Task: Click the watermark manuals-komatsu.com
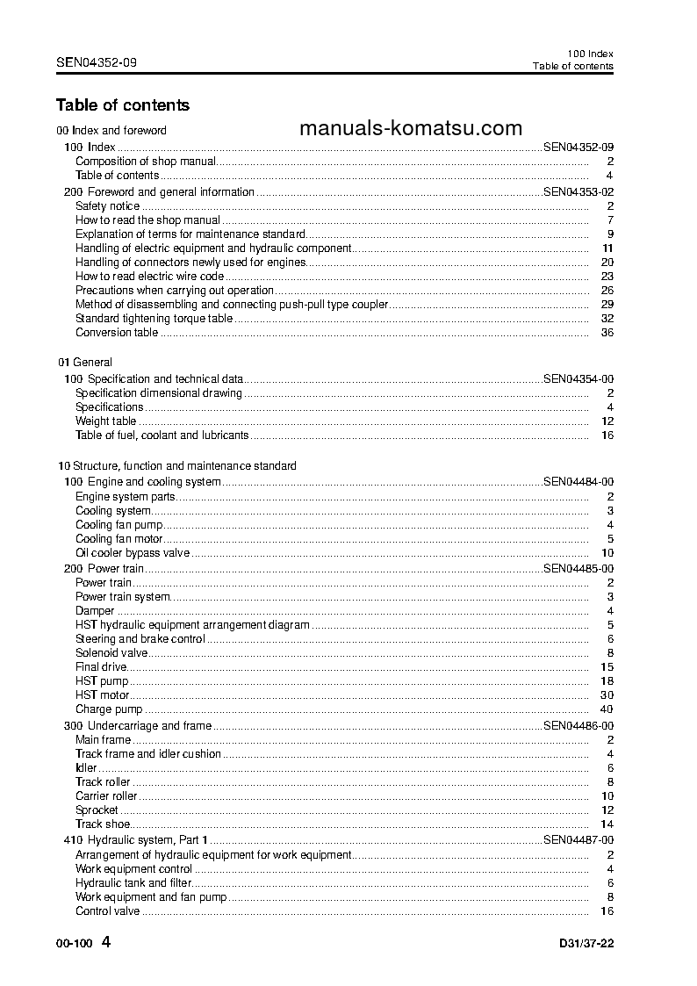click(411, 129)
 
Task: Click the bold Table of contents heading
click(122, 105)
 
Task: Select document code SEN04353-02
click(578, 191)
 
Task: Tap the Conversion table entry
click(117, 332)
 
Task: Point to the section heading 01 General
click(85, 362)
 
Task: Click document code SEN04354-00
click(578, 378)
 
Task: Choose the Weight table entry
click(105, 421)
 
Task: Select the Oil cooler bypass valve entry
click(132, 552)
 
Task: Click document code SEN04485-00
click(578, 568)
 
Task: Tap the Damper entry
click(95, 610)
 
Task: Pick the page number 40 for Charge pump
click(606, 709)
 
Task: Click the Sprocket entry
click(97, 810)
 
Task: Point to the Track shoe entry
click(103, 824)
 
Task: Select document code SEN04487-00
click(578, 840)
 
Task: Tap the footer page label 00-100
click(74, 945)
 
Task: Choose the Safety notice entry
click(107, 205)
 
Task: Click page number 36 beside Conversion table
click(606, 332)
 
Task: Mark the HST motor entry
click(102, 695)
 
